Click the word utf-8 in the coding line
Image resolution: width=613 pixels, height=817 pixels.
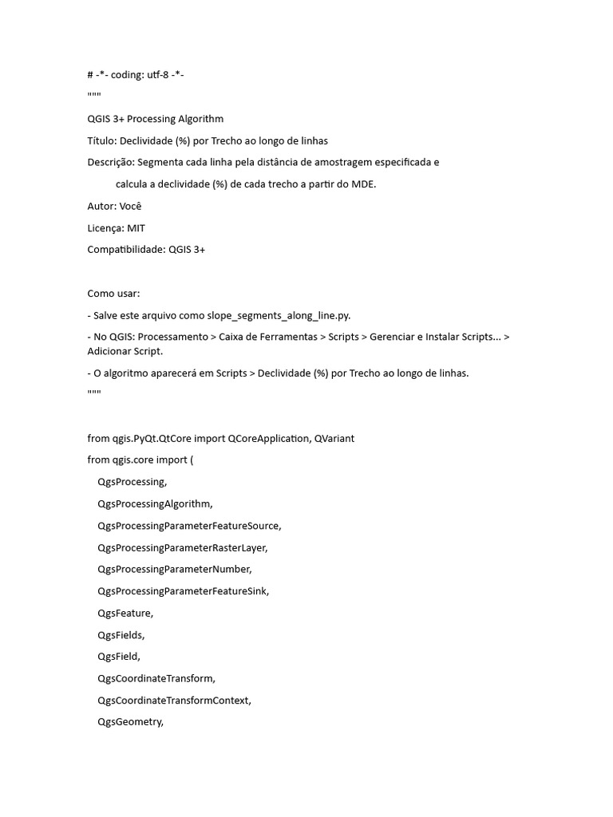pyautogui.click(x=160, y=75)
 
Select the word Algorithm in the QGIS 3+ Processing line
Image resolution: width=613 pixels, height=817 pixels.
pyautogui.click(x=198, y=119)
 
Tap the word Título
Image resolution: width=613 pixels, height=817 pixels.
pyautogui.click(x=101, y=140)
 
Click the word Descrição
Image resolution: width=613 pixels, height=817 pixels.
pyautogui.click(x=110, y=162)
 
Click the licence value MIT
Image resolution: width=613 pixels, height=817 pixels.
pyautogui.click(x=136, y=227)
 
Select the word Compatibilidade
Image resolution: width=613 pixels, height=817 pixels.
pyautogui.click(x=126, y=250)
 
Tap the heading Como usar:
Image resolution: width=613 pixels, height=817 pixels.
pyautogui.click(x=113, y=293)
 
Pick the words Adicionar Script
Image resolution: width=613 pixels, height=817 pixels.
pyautogui.click(x=125, y=351)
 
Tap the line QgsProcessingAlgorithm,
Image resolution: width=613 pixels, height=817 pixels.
pyautogui.click(x=155, y=503)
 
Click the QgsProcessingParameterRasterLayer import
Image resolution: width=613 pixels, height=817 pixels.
pyautogui.click(x=182, y=547)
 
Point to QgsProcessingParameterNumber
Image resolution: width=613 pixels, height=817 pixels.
pyautogui.click(x=174, y=569)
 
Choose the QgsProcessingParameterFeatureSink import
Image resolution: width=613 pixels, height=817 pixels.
pyautogui.click(x=183, y=591)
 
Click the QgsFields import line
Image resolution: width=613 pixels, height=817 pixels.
pyautogui.click(x=121, y=635)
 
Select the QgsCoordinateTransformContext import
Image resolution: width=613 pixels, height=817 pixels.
pyautogui.click(x=174, y=701)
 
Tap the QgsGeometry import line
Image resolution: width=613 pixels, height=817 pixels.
pyautogui.click(x=130, y=722)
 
